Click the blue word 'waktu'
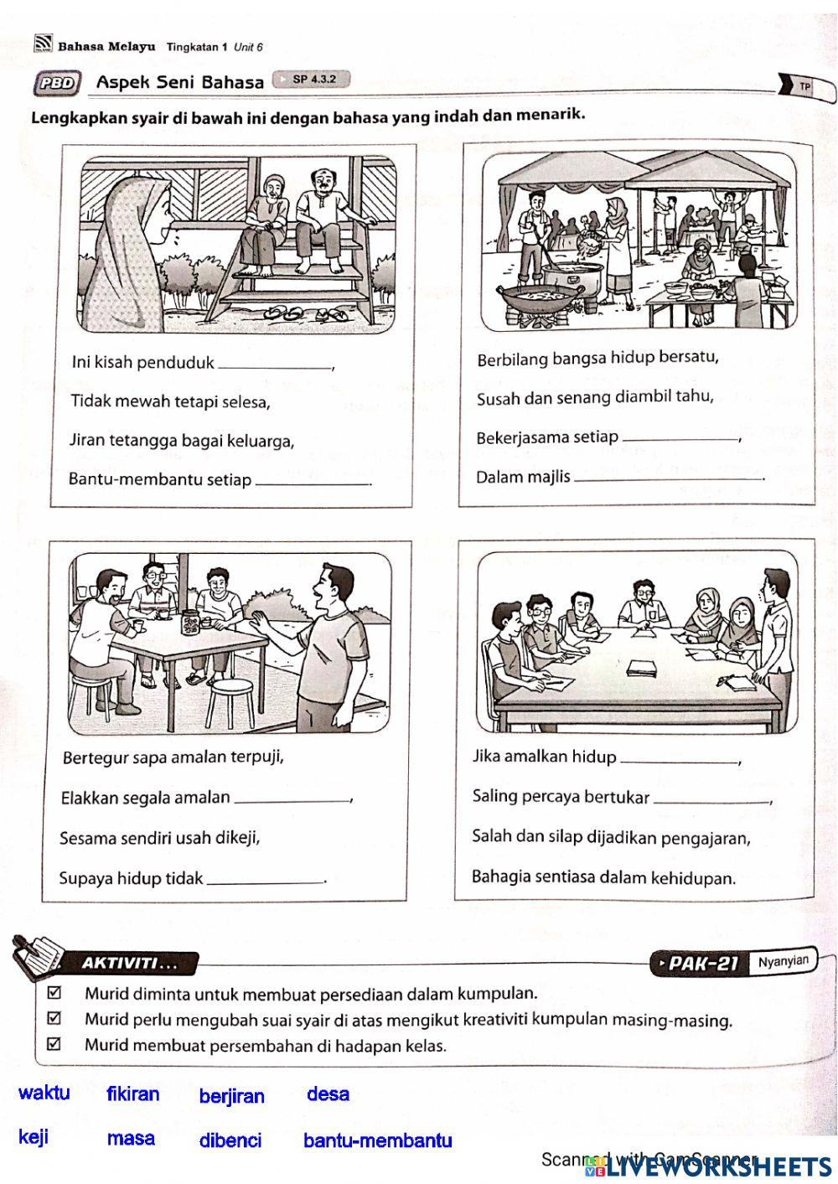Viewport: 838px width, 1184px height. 44,1093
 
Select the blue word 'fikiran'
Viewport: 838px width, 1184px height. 132,1094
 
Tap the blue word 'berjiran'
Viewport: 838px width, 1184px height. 231,1096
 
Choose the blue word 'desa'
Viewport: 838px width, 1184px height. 328,1094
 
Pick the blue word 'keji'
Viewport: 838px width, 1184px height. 34,1137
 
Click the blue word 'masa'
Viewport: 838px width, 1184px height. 131,1138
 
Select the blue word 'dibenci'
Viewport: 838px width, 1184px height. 230,1140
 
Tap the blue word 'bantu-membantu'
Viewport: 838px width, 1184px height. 377,1140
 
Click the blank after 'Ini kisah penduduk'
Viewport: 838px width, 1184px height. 274,364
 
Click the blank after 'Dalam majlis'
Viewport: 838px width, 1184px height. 669,477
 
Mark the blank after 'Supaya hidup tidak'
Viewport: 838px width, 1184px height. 265,878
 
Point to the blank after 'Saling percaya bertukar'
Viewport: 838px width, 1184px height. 711,799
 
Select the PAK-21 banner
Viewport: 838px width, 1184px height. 698,964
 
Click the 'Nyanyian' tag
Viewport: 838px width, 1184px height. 784,961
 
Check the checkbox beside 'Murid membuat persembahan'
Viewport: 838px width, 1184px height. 55,1044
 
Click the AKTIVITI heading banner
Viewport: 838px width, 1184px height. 127,964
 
